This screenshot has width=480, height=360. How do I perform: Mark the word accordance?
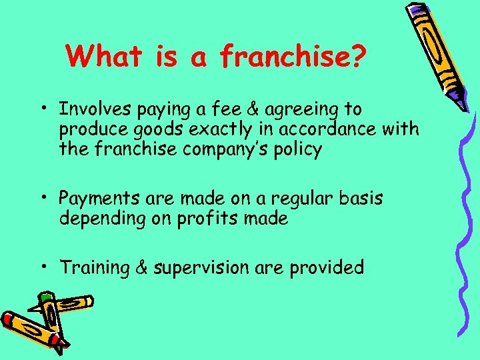[341, 129]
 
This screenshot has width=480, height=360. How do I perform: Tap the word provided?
[327, 268]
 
